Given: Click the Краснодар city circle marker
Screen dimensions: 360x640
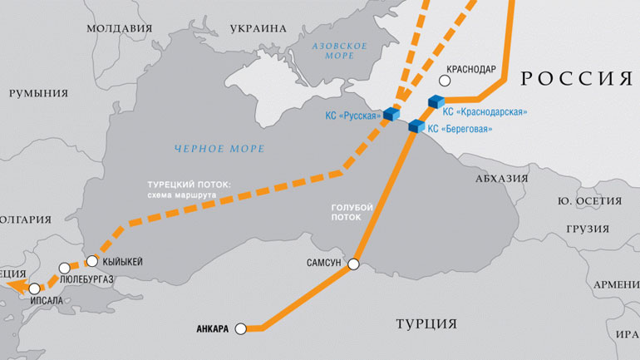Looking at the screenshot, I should [x=445, y=81].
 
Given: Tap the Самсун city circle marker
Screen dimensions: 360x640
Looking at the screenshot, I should [x=353, y=264].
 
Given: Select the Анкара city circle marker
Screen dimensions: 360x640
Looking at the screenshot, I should [x=241, y=329].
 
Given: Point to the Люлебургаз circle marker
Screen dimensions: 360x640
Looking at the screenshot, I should [x=65, y=269].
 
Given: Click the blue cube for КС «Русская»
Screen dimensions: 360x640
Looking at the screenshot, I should [x=390, y=114].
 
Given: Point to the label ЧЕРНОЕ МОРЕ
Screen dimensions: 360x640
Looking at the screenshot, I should [x=219, y=149].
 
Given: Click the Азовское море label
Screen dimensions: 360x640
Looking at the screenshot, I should [x=339, y=49].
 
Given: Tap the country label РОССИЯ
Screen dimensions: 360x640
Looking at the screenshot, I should [x=576, y=79].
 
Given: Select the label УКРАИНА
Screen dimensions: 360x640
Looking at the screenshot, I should [x=258, y=27].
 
